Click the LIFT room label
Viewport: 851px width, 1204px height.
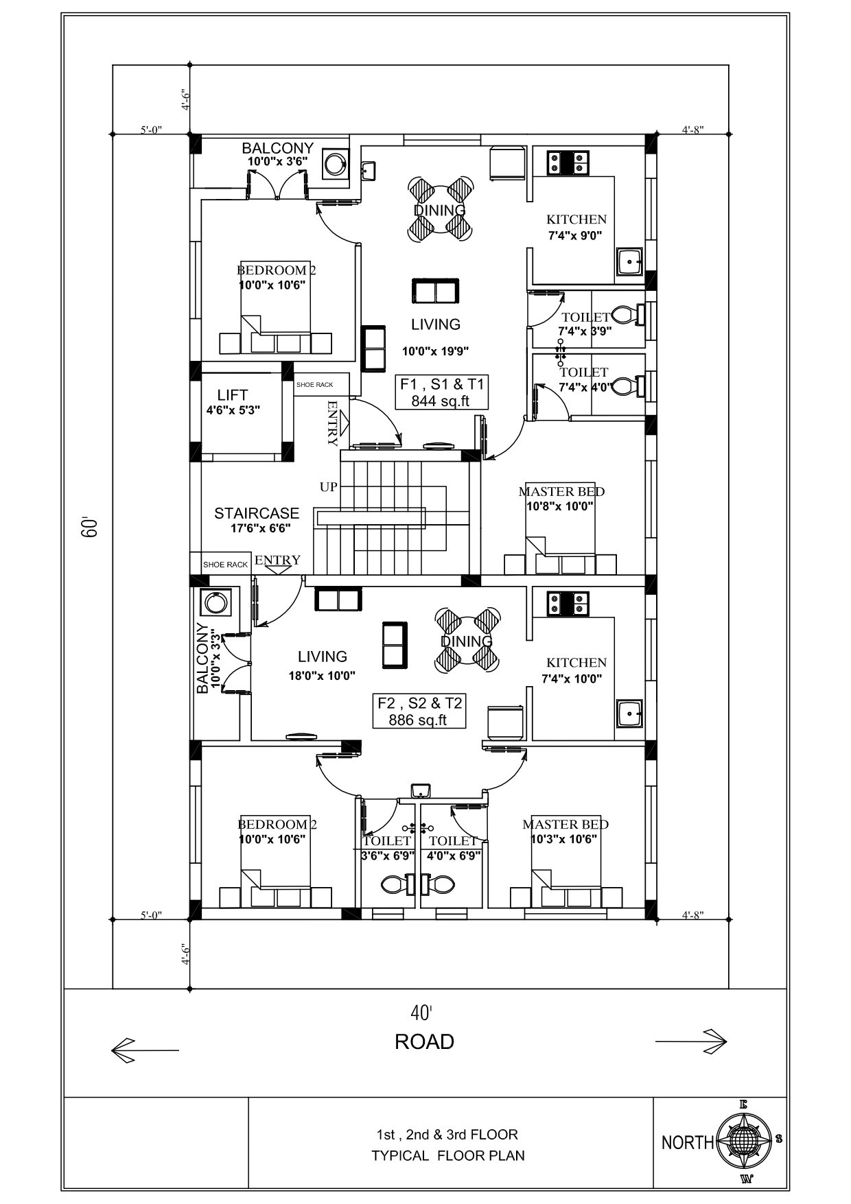pos(233,394)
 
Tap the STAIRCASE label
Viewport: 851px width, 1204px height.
pos(257,513)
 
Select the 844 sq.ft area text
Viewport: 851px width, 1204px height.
pos(441,401)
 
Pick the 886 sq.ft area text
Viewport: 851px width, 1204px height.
pos(418,720)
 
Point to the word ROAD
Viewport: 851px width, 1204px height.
pos(424,1042)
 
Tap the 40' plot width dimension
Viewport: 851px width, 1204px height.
pos(421,1013)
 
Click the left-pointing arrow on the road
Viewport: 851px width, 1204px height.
pos(145,1050)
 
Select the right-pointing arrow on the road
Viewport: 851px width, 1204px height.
pos(691,1041)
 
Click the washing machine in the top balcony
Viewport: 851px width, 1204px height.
pos(336,165)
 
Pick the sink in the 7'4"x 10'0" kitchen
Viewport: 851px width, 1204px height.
pos(629,714)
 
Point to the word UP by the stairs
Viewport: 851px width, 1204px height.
pos(328,487)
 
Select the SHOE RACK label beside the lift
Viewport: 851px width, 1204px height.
pos(315,385)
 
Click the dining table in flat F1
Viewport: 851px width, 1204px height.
pos(440,209)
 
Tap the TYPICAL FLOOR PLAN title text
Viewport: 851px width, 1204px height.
pos(448,1156)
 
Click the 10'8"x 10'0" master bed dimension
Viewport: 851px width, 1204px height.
pos(559,507)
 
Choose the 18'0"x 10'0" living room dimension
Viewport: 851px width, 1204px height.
pos(322,676)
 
